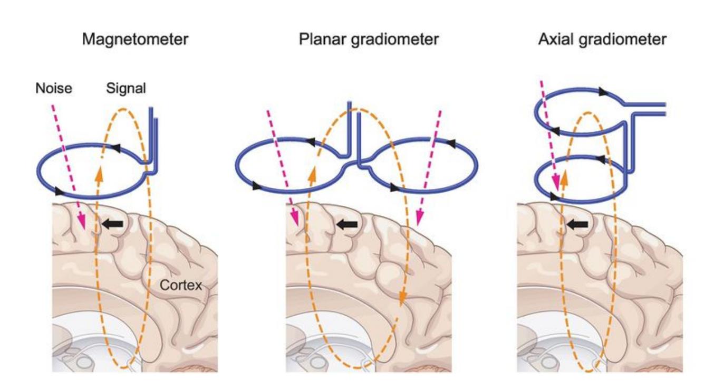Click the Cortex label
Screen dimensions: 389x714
point(181,286)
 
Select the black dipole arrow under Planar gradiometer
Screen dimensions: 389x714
point(348,224)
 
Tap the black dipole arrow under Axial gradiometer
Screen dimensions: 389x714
point(578,225)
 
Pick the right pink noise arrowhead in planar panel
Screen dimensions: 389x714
point(419,217)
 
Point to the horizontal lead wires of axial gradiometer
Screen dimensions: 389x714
point(646,109)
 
